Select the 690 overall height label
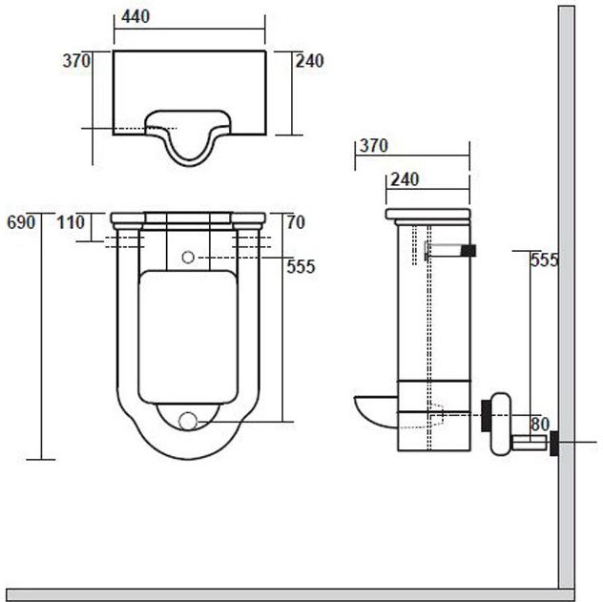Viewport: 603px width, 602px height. tap(20, 221)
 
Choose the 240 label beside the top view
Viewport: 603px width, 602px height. tap(310, 60)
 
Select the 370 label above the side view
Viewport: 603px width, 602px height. tap(372, 146)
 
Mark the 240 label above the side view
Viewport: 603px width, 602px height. tap(405, 177)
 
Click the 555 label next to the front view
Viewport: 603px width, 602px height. tap(301, 267)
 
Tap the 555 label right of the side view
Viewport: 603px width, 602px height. tap(544, 259)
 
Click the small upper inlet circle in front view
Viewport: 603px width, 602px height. tap(188, 257)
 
